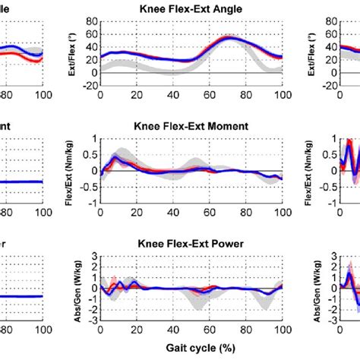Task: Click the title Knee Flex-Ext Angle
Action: pyautogui.click(x=191, y=9)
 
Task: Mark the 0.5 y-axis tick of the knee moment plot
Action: pyautogui.click(x=90, y=155)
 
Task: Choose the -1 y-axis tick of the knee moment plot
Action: pyautogui.click(x=91, y=204)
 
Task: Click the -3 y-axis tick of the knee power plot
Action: pyautogui.click(x=91, y=321)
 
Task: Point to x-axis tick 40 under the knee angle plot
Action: pyautogui.click(x=172, y=94)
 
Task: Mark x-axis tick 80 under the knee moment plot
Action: pyautogui.click(x=245, y=212)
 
